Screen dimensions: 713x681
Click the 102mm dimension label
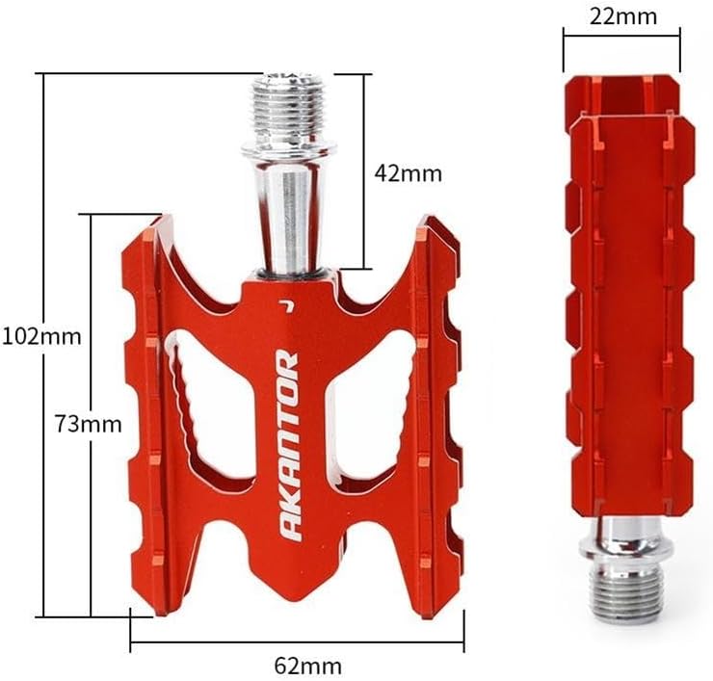pyautogui.click(x=41, y=337)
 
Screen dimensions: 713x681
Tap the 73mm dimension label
pyautogui.click(x=89, y=424)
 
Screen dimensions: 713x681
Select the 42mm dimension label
pyautogui.click(x=408, y=173)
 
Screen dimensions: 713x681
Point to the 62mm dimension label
pyautogui.click(x=308, y=667)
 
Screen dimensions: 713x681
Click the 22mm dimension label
pyautogui.click(x=623, y=16)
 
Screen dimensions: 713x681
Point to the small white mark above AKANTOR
pyautogui.click(x=286, y=306)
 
